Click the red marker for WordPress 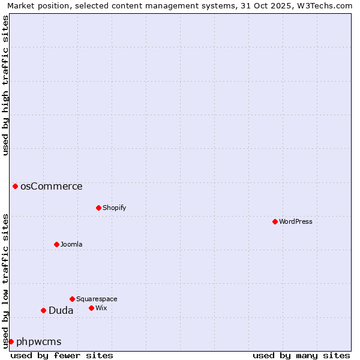275,221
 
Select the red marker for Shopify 98,208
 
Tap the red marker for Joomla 56,244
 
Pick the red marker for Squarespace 72,299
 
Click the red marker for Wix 91,308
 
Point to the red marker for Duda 43,310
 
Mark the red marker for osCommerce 15,186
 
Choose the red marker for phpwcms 11,341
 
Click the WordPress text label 296,221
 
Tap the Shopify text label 114,208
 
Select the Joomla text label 71,244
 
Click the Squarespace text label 97,299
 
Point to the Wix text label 101,308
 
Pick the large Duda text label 61,310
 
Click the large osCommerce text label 52,186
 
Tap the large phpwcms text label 38,341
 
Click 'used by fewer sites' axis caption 62,355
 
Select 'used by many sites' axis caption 301,355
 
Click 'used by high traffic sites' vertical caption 5,85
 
